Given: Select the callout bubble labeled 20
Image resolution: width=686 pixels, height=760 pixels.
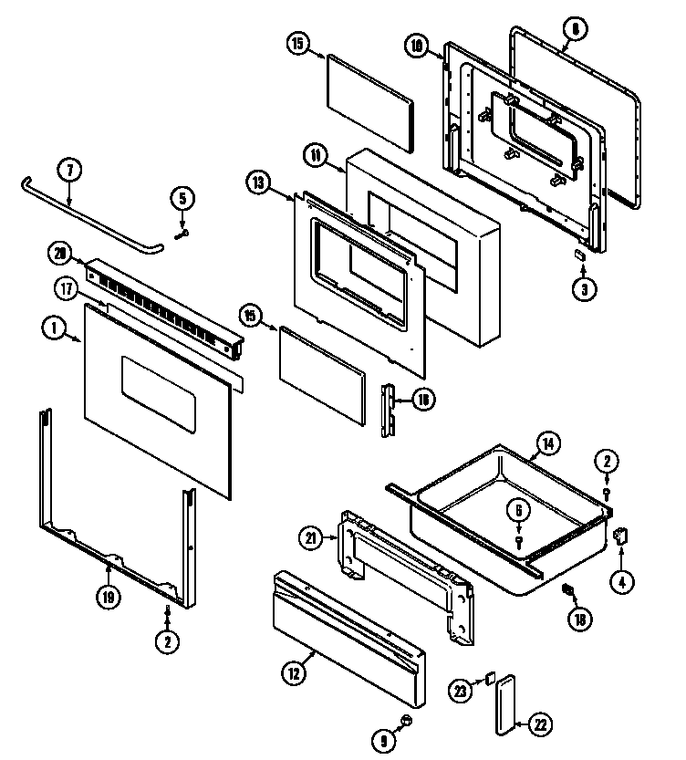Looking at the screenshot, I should pyautogui.click(x=60, y=253).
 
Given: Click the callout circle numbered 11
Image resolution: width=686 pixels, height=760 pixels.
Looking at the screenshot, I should pyautogui.click(x=316, y=156).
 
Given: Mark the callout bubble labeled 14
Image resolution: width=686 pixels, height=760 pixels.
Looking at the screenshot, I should pyautogui.click(x=546, y=443).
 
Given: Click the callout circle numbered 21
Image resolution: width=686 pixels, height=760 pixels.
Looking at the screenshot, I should pyautogui.click(x=311, y=539).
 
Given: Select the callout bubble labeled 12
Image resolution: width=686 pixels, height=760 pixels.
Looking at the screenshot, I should pyautogui.click(x=291, y=674).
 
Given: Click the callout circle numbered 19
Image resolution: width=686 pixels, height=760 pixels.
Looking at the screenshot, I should pyautogui.click(x=109, y=598).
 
